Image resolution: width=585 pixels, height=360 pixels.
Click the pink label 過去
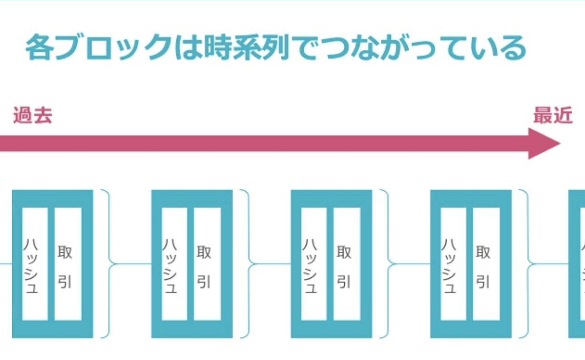tap(32, 115)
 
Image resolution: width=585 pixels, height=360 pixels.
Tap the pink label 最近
tap(553, 115)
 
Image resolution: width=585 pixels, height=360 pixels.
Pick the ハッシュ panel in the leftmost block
tap(35, 264)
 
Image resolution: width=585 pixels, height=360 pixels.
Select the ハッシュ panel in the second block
tap(174, 264)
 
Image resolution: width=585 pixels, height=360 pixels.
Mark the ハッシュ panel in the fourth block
tap(453, 264)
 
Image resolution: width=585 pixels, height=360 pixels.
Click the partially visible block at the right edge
tap(577, 264)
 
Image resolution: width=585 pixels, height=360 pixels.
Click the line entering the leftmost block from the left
tap(6, 264)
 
